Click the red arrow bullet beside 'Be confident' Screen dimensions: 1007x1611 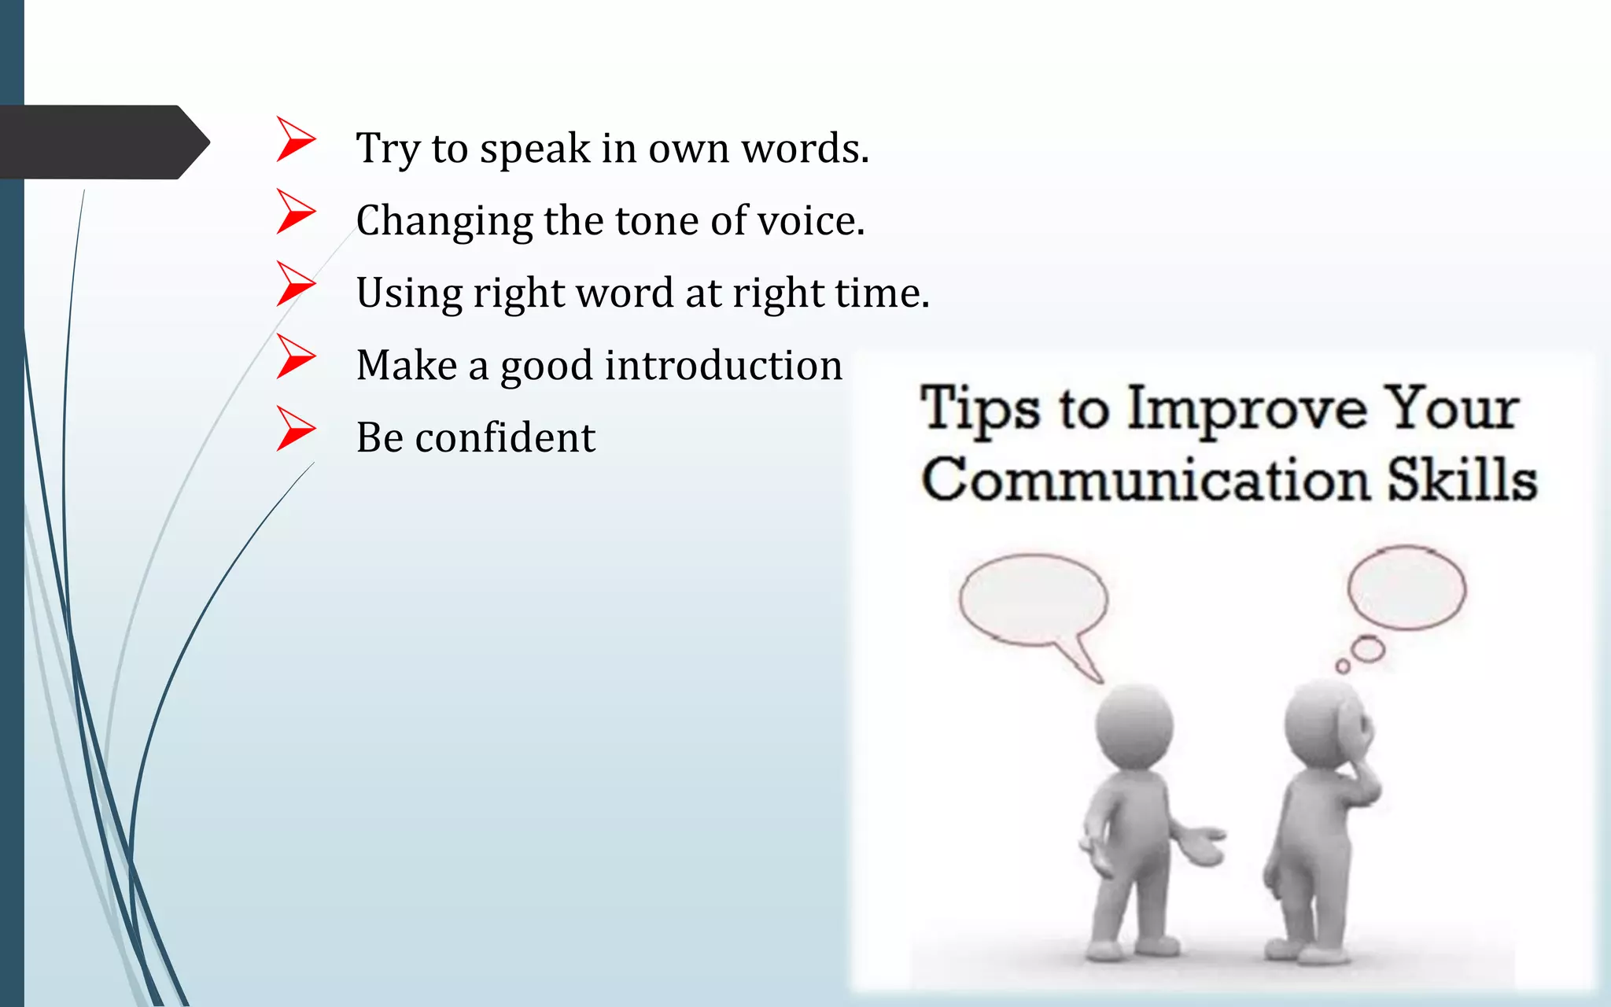tap(295, 429)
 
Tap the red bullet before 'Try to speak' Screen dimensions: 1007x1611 tap(295, 139)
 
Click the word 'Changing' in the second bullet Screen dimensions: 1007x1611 tap(444, 221)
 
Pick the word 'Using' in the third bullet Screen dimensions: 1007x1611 tap(409, 293)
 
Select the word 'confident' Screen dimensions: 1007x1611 tap(505, 437)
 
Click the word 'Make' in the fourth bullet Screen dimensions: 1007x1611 tap(407, 365)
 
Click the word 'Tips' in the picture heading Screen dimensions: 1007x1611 tap(979, 409)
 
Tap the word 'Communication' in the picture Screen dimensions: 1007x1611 tap(1145, 480)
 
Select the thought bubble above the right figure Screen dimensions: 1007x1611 tap(1406, 588)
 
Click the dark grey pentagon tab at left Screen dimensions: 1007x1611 tap(102, 142)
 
